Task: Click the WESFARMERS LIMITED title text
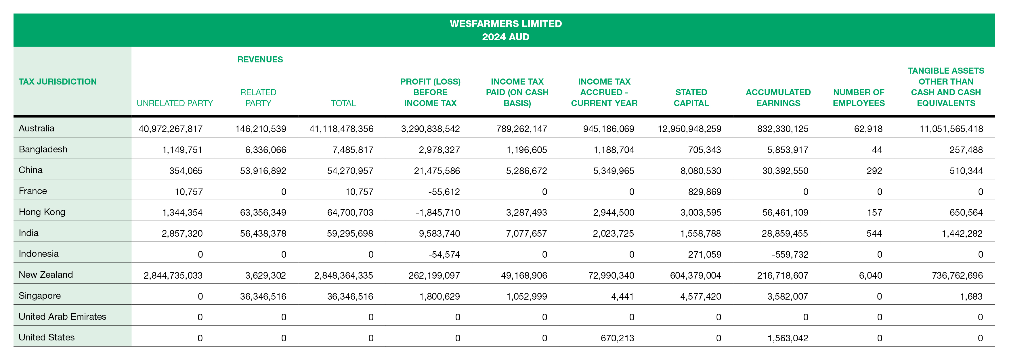coord(505,24)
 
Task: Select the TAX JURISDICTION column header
coord(58,81)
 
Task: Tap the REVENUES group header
coord(260,60)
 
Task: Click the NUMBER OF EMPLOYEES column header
coord(859,97)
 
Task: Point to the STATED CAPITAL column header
coord(691,97)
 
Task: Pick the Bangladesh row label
coord(43,149)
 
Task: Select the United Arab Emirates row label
coord(62,317)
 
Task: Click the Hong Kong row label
coord(42,212)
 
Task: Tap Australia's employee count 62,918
coord(868,129)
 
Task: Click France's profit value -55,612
coord(444,192)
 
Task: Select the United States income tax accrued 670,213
coord(617,338)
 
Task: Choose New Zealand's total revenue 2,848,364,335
coord(343,275)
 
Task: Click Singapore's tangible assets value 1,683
coord(971,296)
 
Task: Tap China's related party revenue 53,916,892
coord(263,171)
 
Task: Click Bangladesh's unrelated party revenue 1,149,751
coord(182,150)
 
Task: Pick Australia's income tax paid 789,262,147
coord(521,129)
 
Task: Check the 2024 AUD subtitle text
coord(505,37)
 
